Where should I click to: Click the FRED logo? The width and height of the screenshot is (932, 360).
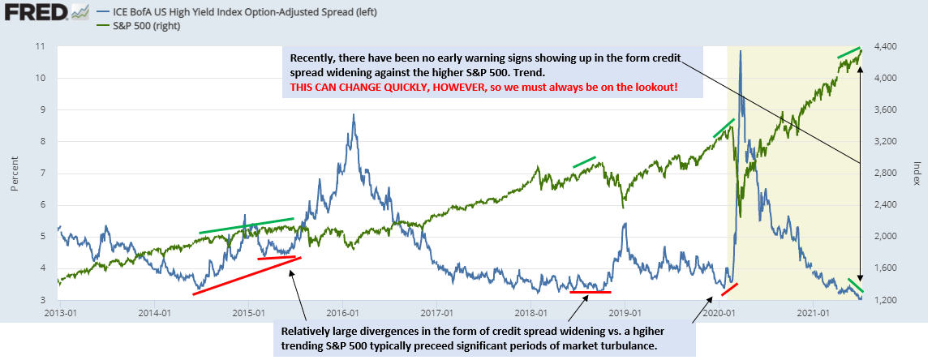pos(45,11)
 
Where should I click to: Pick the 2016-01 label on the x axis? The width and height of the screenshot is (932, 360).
pos(344,312)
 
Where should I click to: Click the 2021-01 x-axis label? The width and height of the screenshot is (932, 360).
pos(814,312)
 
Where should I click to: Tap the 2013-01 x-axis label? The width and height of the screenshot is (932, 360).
pos(62,312)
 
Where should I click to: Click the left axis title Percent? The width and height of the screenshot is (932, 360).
pos(15,174)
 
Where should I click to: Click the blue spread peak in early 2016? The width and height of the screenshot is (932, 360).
pos(354,114)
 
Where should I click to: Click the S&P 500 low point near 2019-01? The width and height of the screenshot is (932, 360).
pos(622,207)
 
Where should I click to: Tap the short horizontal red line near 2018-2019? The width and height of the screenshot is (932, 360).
pos(591,292)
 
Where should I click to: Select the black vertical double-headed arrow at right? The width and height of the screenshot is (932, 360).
pos(860,175)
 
